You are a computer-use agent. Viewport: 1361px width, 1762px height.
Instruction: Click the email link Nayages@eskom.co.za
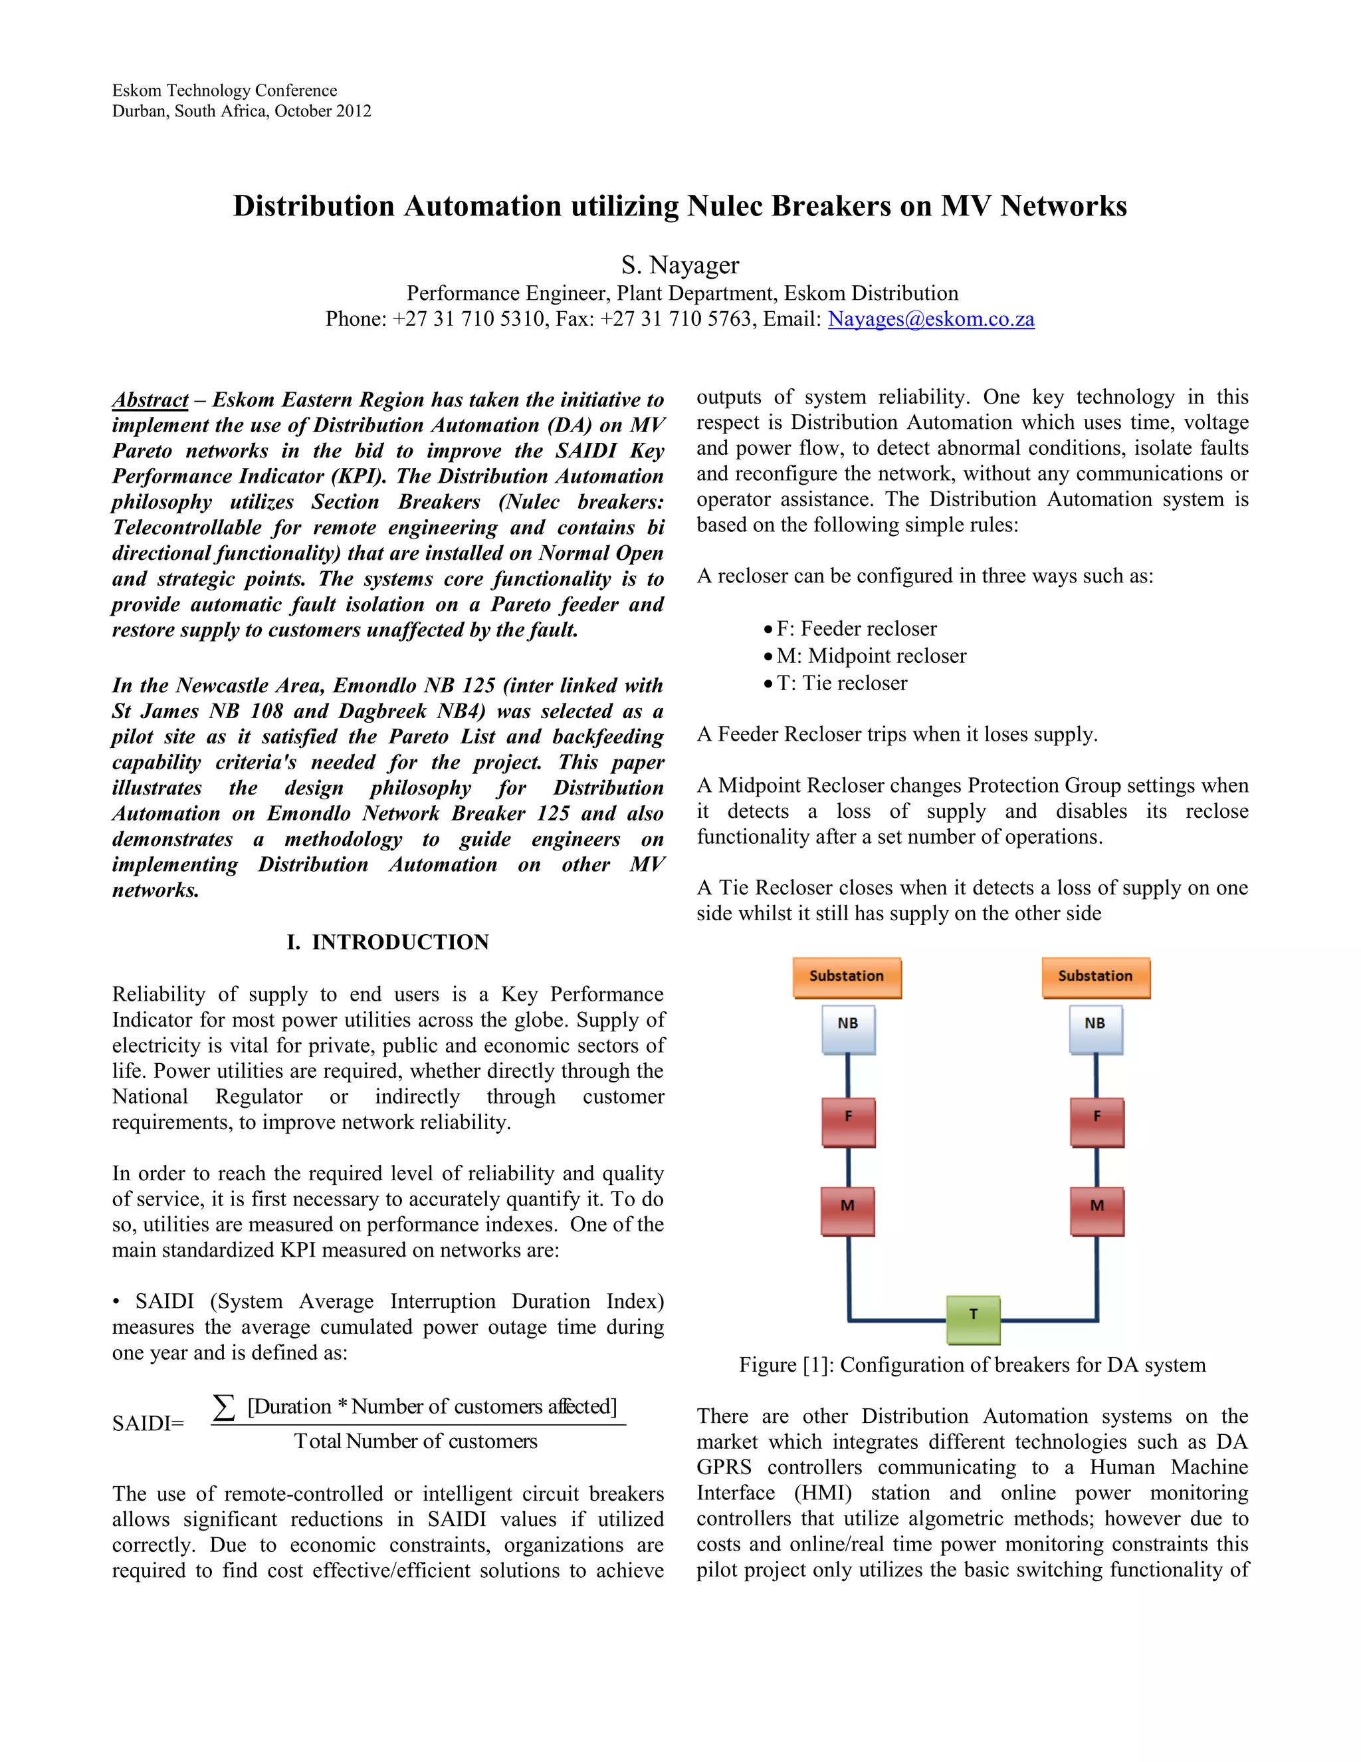[930, 319]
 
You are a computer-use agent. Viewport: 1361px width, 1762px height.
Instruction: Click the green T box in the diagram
[972, 1319]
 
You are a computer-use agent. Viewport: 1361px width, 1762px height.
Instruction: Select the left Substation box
[847, 977]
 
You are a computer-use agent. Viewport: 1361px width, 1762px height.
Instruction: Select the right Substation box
[1095, 977]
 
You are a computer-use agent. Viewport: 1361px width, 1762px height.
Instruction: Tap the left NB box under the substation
[848, 1029]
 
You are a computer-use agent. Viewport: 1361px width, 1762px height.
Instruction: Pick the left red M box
[847, 1210]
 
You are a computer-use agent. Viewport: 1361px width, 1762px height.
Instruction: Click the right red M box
[1097, 1210]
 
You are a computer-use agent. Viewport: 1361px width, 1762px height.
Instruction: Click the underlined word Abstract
[150, 400]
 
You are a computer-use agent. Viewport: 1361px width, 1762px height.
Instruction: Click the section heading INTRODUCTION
[400, 942]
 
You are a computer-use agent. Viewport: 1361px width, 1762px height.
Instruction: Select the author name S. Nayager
[680, 265]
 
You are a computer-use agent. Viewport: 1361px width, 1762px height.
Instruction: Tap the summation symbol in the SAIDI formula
[224, 1407]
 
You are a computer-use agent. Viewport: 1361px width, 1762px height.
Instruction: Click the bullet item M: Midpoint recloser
[871, 656]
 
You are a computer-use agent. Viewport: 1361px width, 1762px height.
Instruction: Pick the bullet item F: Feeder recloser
[856, 628]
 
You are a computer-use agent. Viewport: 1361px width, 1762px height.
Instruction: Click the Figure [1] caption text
[972, 1365]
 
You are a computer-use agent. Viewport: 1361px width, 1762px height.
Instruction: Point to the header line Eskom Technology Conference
[224, 90]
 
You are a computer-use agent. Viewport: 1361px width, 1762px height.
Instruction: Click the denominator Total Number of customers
[415, 1442]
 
